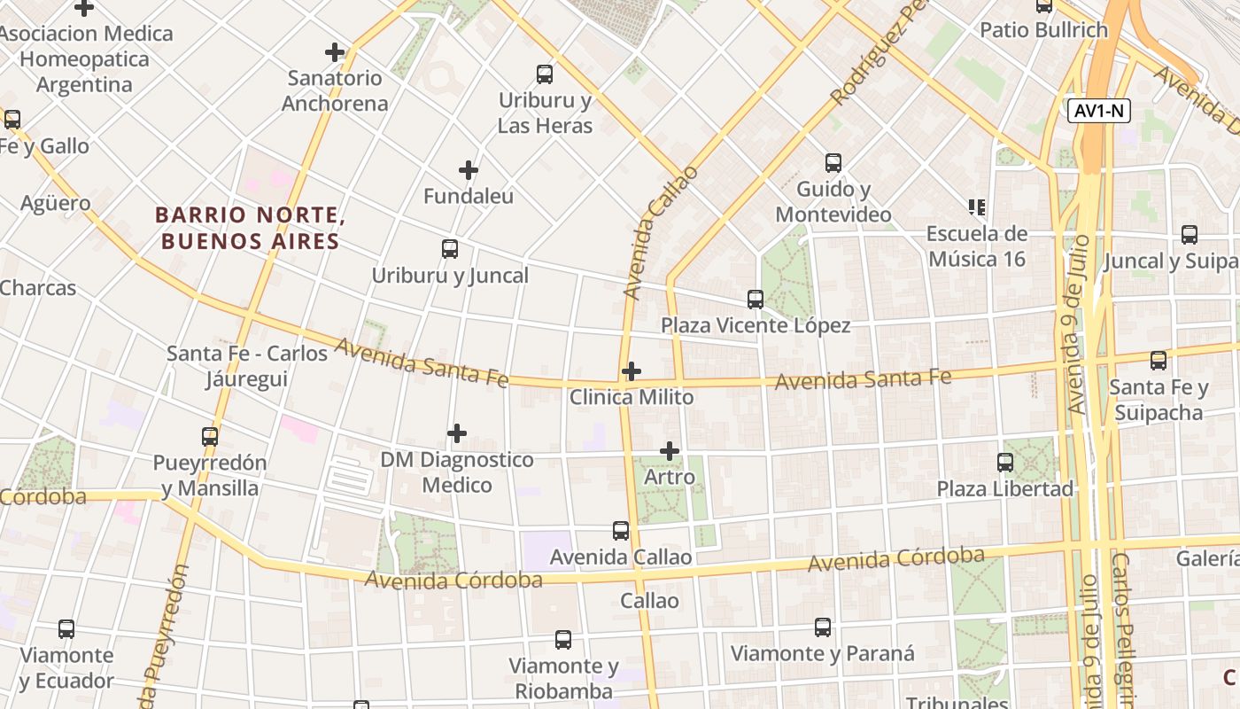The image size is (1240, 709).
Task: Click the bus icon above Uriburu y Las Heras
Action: (x=545, y=74)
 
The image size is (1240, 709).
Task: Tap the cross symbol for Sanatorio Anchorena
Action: (x=335, y=52)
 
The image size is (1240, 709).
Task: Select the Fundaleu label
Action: (x=469, y=196)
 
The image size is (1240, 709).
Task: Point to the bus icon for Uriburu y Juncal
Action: (x=450, y=249)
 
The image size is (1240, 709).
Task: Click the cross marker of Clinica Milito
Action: (x=632, y=371)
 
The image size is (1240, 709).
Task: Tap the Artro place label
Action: (x=670, y=478)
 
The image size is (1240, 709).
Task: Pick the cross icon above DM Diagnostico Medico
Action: (x=457, y=433)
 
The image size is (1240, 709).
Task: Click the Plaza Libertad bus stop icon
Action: (x=1005, y=463)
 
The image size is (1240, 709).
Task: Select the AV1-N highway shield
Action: (x=1099, y=112)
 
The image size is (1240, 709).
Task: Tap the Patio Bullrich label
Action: (x=1043, y=30)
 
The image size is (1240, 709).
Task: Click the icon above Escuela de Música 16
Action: (x=977, y=207)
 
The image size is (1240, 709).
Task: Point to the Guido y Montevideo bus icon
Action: (x=833, y=163)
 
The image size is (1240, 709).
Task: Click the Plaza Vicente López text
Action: (x=756, y=326)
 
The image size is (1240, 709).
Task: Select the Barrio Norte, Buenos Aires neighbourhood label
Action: (x=248, y=229)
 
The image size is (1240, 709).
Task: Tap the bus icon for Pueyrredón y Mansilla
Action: (x=210, y=437)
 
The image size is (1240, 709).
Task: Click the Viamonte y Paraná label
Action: (x=822, y=654)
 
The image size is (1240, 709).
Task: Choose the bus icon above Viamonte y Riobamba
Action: (x=563, y=640)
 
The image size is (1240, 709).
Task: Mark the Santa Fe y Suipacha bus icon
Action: (x=1159, y=361)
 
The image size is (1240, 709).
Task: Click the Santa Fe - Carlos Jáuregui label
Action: (x=247, y=366)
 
